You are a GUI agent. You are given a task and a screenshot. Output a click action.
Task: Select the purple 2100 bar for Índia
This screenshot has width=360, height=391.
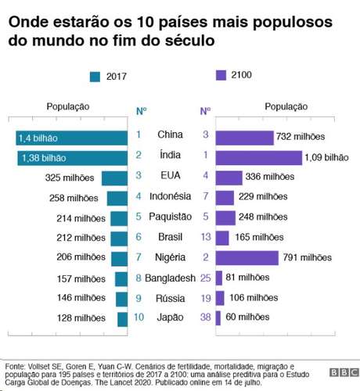[258, 157]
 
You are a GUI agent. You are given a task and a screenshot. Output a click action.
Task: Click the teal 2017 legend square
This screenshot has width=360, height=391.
[95, 77]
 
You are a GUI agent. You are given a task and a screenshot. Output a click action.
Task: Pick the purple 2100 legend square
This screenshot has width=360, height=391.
[221, 76]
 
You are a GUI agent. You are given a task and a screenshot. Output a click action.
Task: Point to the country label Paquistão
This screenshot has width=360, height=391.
[170, 217]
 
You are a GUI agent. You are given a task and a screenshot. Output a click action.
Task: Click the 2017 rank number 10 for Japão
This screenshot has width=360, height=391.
[138, 318]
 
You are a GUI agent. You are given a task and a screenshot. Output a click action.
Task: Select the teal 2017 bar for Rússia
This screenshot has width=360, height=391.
[121, 299]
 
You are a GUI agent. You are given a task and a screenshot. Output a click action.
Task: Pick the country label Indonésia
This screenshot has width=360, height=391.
[170, 197]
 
